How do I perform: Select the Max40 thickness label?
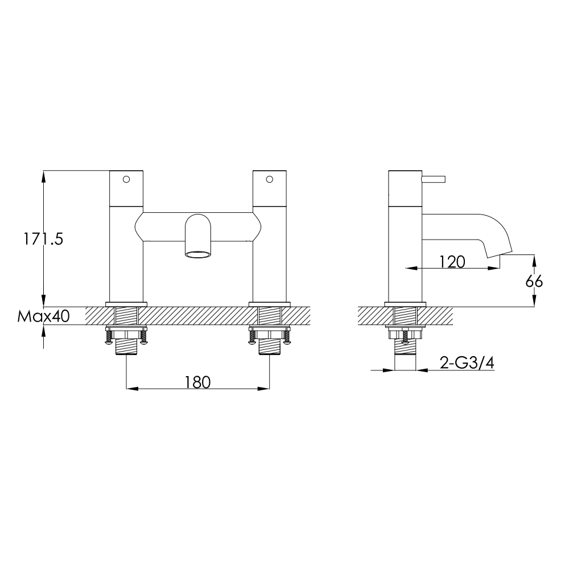click(x=43, y=316)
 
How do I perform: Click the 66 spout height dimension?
click(x=534, y=281)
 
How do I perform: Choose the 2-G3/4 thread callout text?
click(x=467, y=362)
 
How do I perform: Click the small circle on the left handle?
click(x=126, y=179)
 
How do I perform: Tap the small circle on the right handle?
click(x=270, y=179)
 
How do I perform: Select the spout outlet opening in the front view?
click(x=197, y=254)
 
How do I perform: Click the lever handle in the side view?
click(x=436, y=179)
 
